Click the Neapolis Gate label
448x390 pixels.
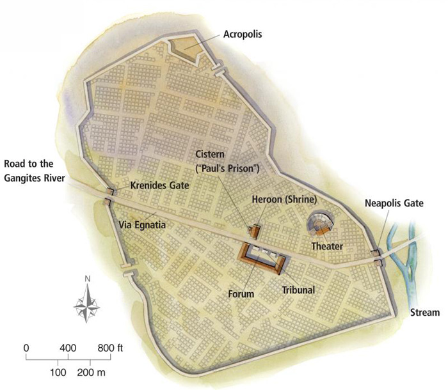click(x=394, y=204)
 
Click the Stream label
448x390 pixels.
click(x=425, y=313)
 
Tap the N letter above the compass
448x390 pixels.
click(x=86, y=279)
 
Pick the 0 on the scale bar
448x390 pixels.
click(x=26, y=348)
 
